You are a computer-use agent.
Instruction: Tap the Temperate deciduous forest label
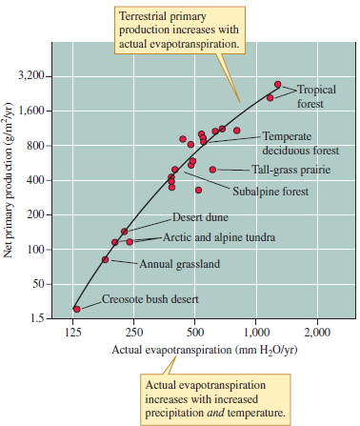click(293, 143)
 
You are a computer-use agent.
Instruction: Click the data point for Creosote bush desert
click(76, 309)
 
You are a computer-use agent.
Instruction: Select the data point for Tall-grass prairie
click(212, 170)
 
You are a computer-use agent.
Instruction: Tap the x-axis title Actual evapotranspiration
click(194, 350)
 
